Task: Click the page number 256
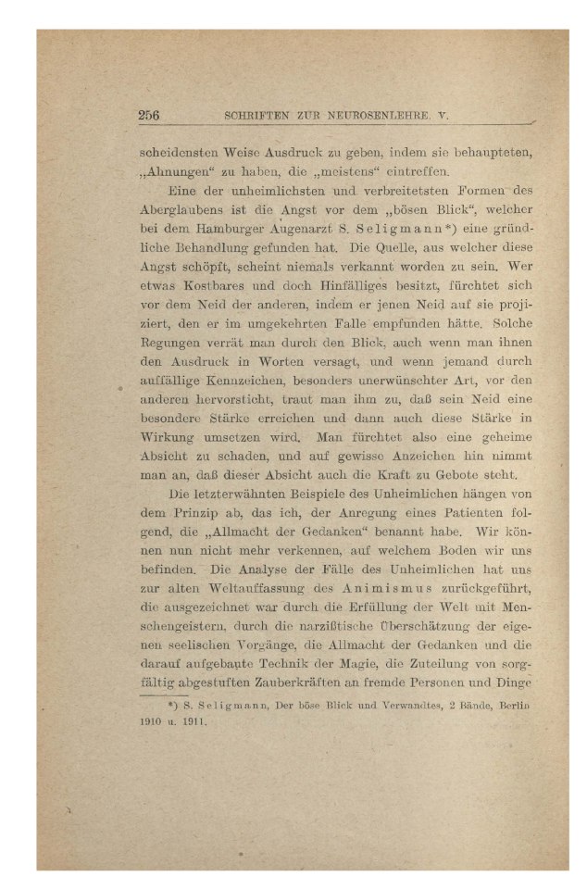pyautogui.click(x=149, y=116)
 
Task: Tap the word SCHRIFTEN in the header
pyautogui.click(x=257, y=117)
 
